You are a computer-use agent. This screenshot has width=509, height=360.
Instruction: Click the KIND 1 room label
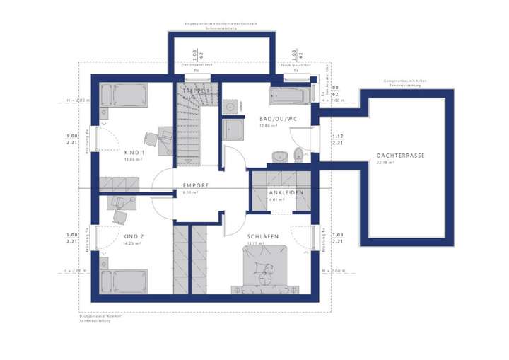tap(134, 152)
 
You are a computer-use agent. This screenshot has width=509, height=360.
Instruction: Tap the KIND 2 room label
tap(134, 236)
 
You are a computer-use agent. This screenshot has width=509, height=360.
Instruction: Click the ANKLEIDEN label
tap(286, 192)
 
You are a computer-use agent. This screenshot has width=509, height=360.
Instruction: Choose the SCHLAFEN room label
tap(262, 236)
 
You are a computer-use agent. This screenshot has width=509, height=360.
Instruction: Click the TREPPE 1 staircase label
tap(197, 92)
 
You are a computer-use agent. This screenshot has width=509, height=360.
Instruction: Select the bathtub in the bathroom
tap(290, 95)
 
